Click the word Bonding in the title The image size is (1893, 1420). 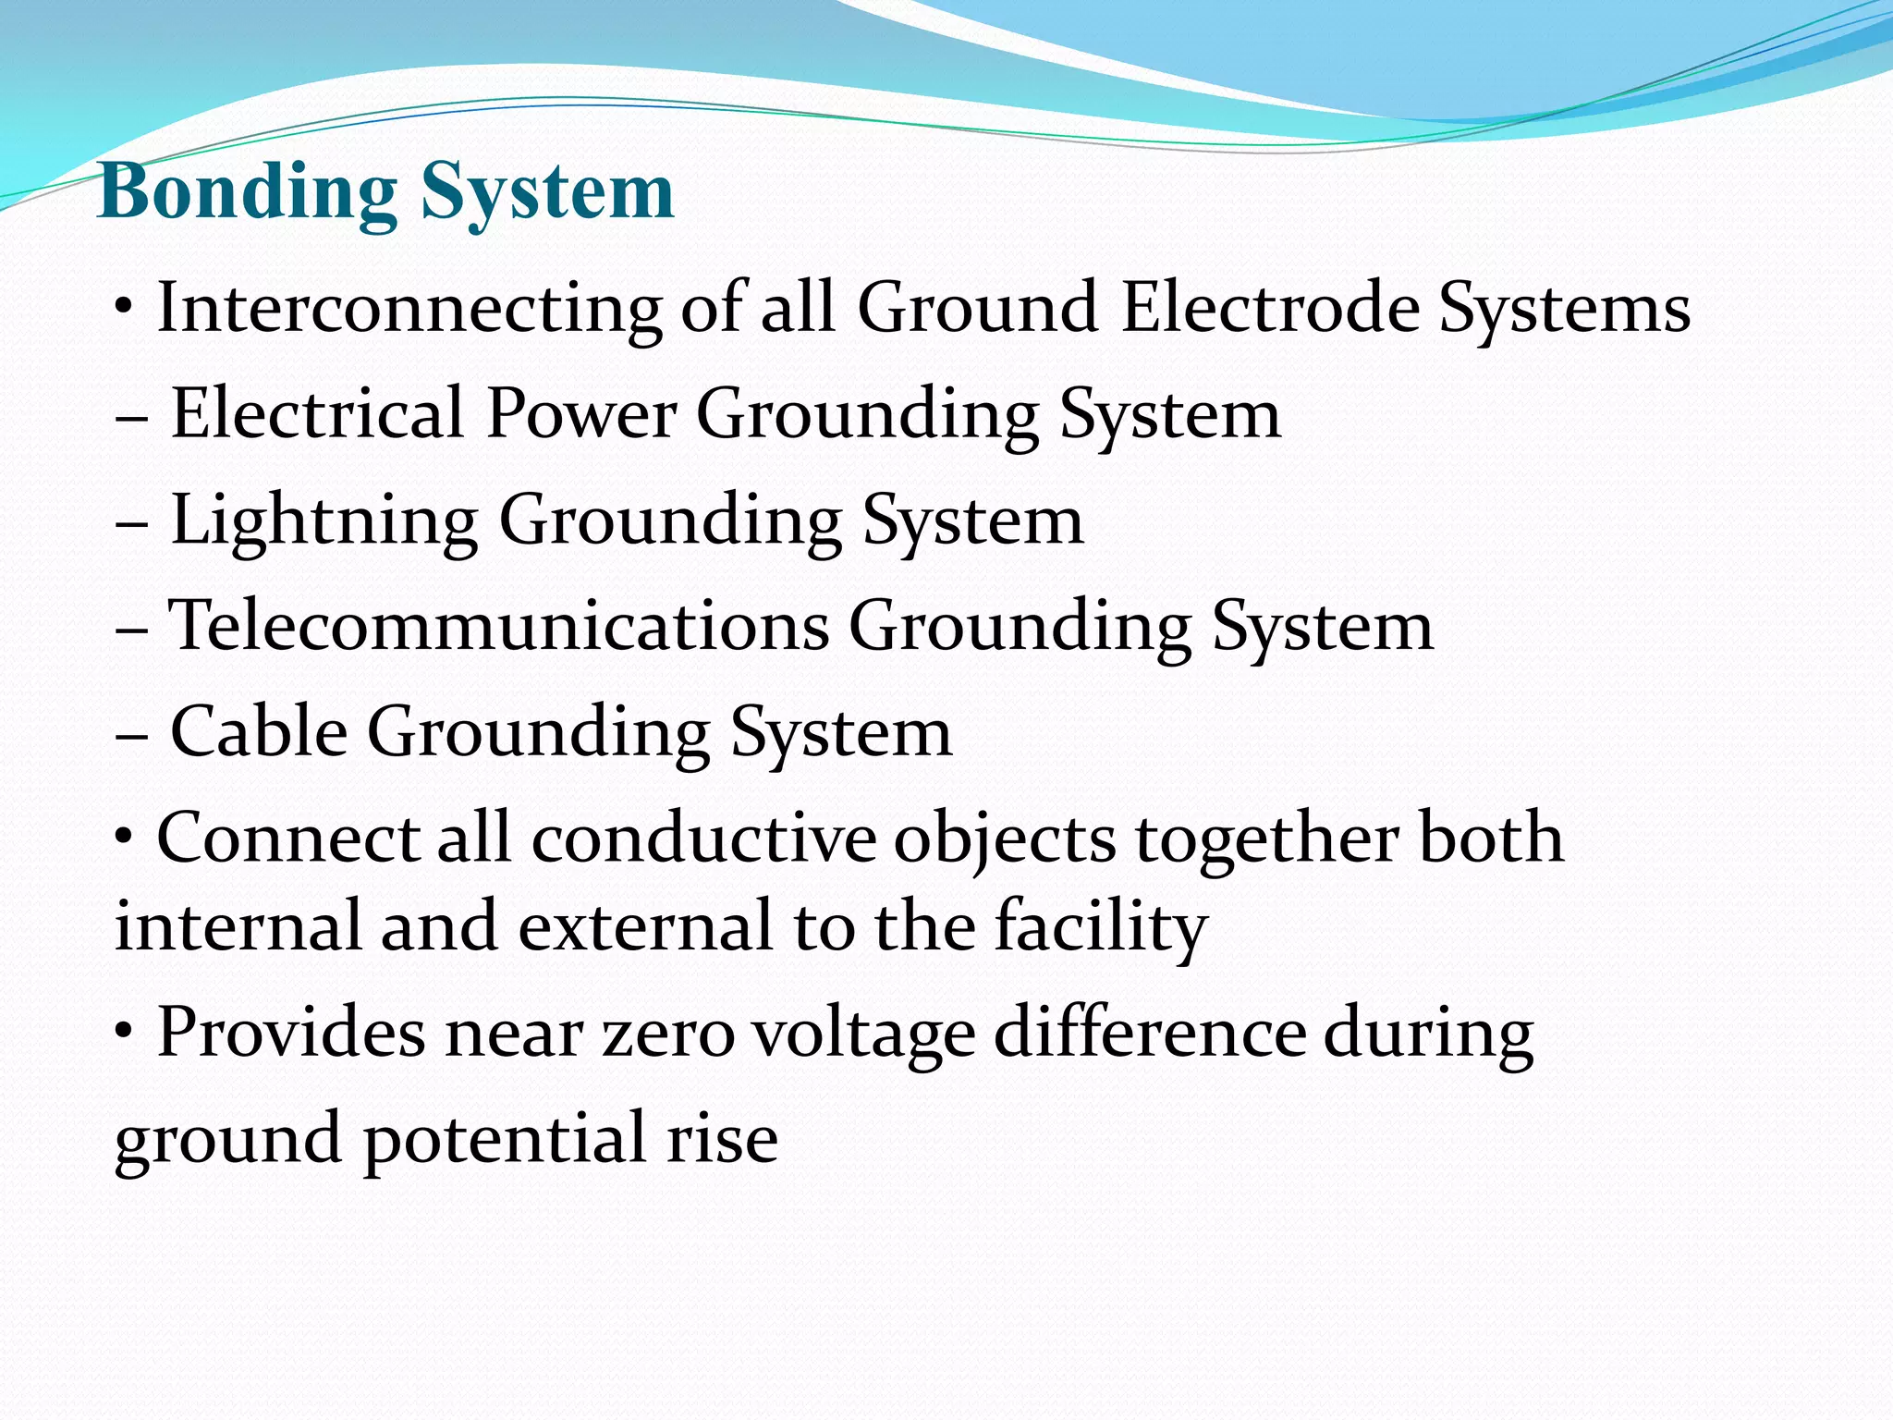[248, 192]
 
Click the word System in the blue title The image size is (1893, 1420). [548, 192]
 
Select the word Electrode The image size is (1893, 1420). [1270, 308]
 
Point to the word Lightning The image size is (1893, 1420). [324, 520]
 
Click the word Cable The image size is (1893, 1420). [259, 731]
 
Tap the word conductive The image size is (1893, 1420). [703, 838]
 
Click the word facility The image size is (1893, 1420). [1101, 926]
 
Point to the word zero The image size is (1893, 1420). [668, 1033]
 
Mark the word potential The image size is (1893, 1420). [505, 1139]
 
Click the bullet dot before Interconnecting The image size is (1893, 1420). [124, 307]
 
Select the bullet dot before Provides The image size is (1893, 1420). [124, 1032]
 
